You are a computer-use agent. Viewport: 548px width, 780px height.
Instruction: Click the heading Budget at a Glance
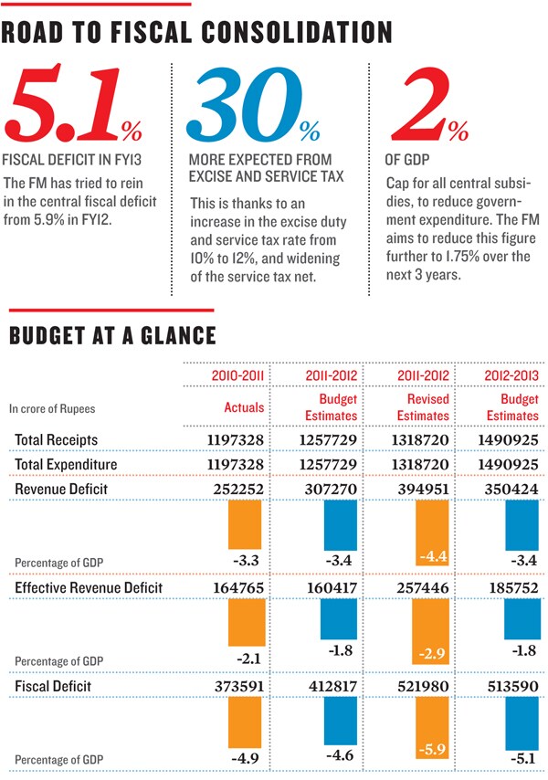click(x=112, y=335)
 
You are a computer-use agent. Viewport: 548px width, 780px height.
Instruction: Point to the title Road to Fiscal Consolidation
click(x=196, y=33)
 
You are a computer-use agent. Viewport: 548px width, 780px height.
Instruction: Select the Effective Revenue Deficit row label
click(x=89, y=587)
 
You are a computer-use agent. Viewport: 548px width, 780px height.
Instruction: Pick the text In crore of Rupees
click(x=52, y=409)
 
